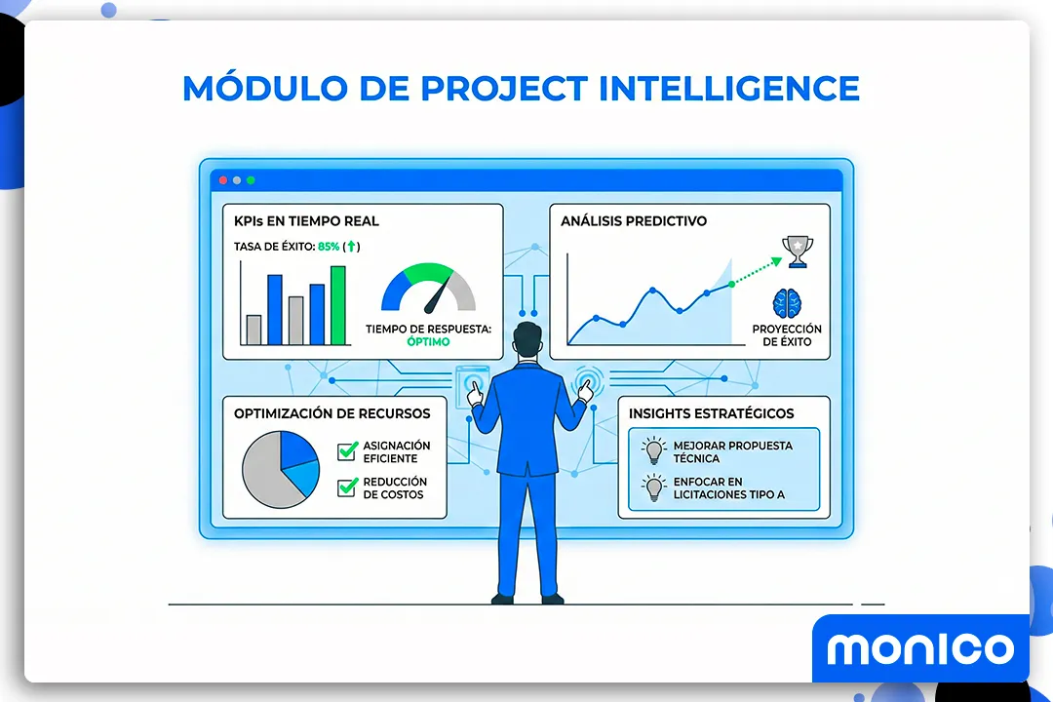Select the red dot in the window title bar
pos(223,180)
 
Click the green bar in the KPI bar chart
pos(337,305)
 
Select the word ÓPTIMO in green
pos(428,342)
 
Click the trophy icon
pos(798,251)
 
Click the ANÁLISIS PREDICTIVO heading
pos(634,221)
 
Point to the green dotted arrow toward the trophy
pos(756,272)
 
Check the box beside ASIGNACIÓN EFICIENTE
pos(347,451)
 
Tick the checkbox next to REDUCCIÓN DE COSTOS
pos(347,487)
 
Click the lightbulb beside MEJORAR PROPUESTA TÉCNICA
pos(651,450)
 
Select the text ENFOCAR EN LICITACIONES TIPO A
pos(728,487)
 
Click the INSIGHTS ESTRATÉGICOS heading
pos(711,413)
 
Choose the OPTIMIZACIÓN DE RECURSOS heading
pos(331,413)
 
